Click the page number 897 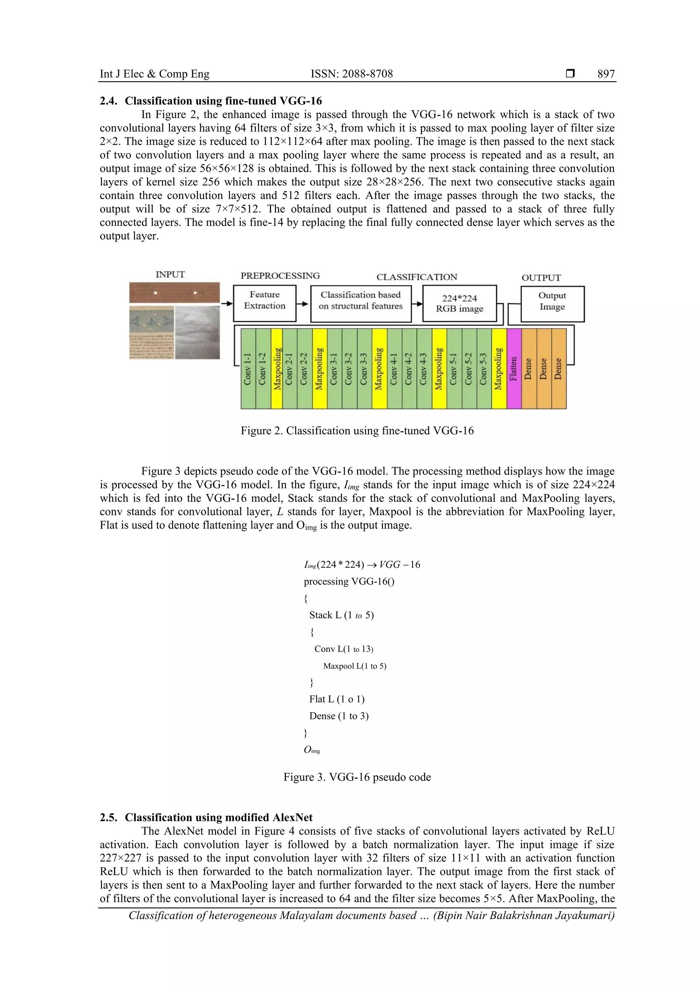606,74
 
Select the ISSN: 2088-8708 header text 351,74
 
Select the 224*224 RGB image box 459,304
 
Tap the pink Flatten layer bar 514,368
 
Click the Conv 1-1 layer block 248,368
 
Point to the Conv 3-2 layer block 349,368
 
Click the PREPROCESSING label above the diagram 280,276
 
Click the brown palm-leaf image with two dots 174,293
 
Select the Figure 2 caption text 357,431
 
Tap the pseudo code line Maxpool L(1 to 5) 354,666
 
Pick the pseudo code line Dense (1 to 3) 338,716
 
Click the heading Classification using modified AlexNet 218,817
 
